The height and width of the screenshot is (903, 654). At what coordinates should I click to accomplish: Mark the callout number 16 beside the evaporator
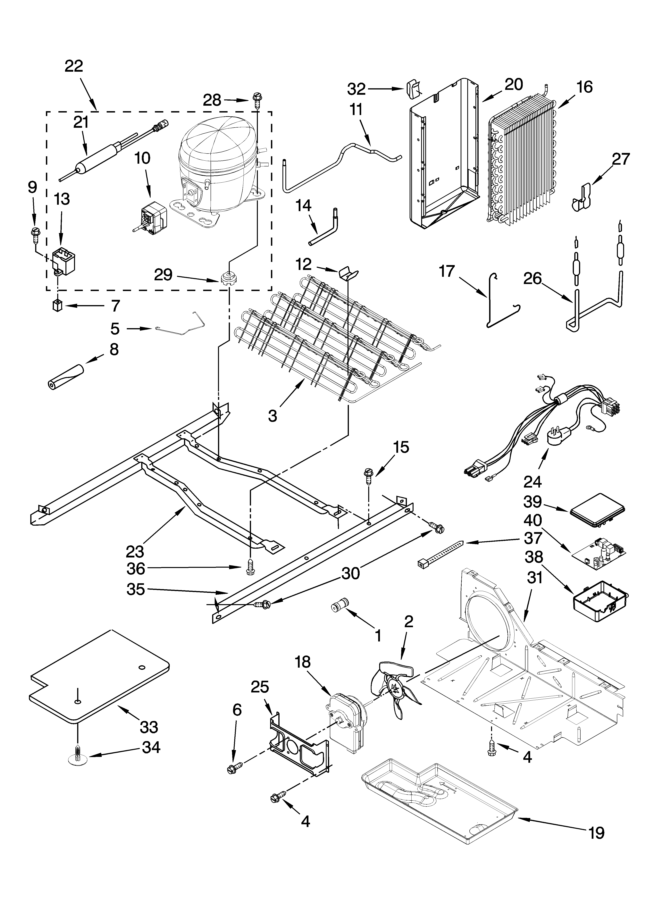584,87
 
